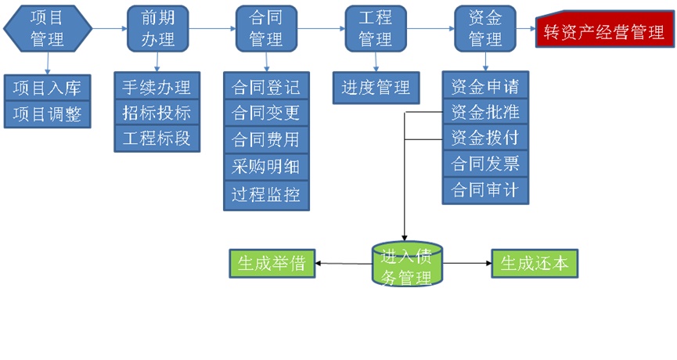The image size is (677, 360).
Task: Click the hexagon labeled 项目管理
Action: (48, 29)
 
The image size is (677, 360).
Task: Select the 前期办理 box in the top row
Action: (157, 29)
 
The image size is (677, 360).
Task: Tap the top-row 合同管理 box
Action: (266, 29)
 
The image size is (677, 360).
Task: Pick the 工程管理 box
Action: (376, 29)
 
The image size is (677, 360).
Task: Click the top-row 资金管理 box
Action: (485, 29)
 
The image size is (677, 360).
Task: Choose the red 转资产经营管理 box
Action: (605, 32)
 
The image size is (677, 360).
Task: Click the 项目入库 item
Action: (48, 88)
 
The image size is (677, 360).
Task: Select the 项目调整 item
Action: (48, 114)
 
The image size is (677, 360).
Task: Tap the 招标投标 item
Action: (157, 112)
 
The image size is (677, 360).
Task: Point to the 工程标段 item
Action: (157, 139)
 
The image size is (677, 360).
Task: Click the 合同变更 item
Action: (266, 113)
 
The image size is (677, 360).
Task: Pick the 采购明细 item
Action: (266, 166)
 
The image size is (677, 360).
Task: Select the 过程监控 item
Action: (266, 193)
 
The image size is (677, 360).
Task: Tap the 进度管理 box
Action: (376, 87)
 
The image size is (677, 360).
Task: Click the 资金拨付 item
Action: (485, 138)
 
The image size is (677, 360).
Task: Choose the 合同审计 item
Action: (485, 190)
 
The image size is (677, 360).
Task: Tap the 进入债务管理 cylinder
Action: (405, 265)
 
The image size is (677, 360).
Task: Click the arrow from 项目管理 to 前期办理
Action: (110, 29)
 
